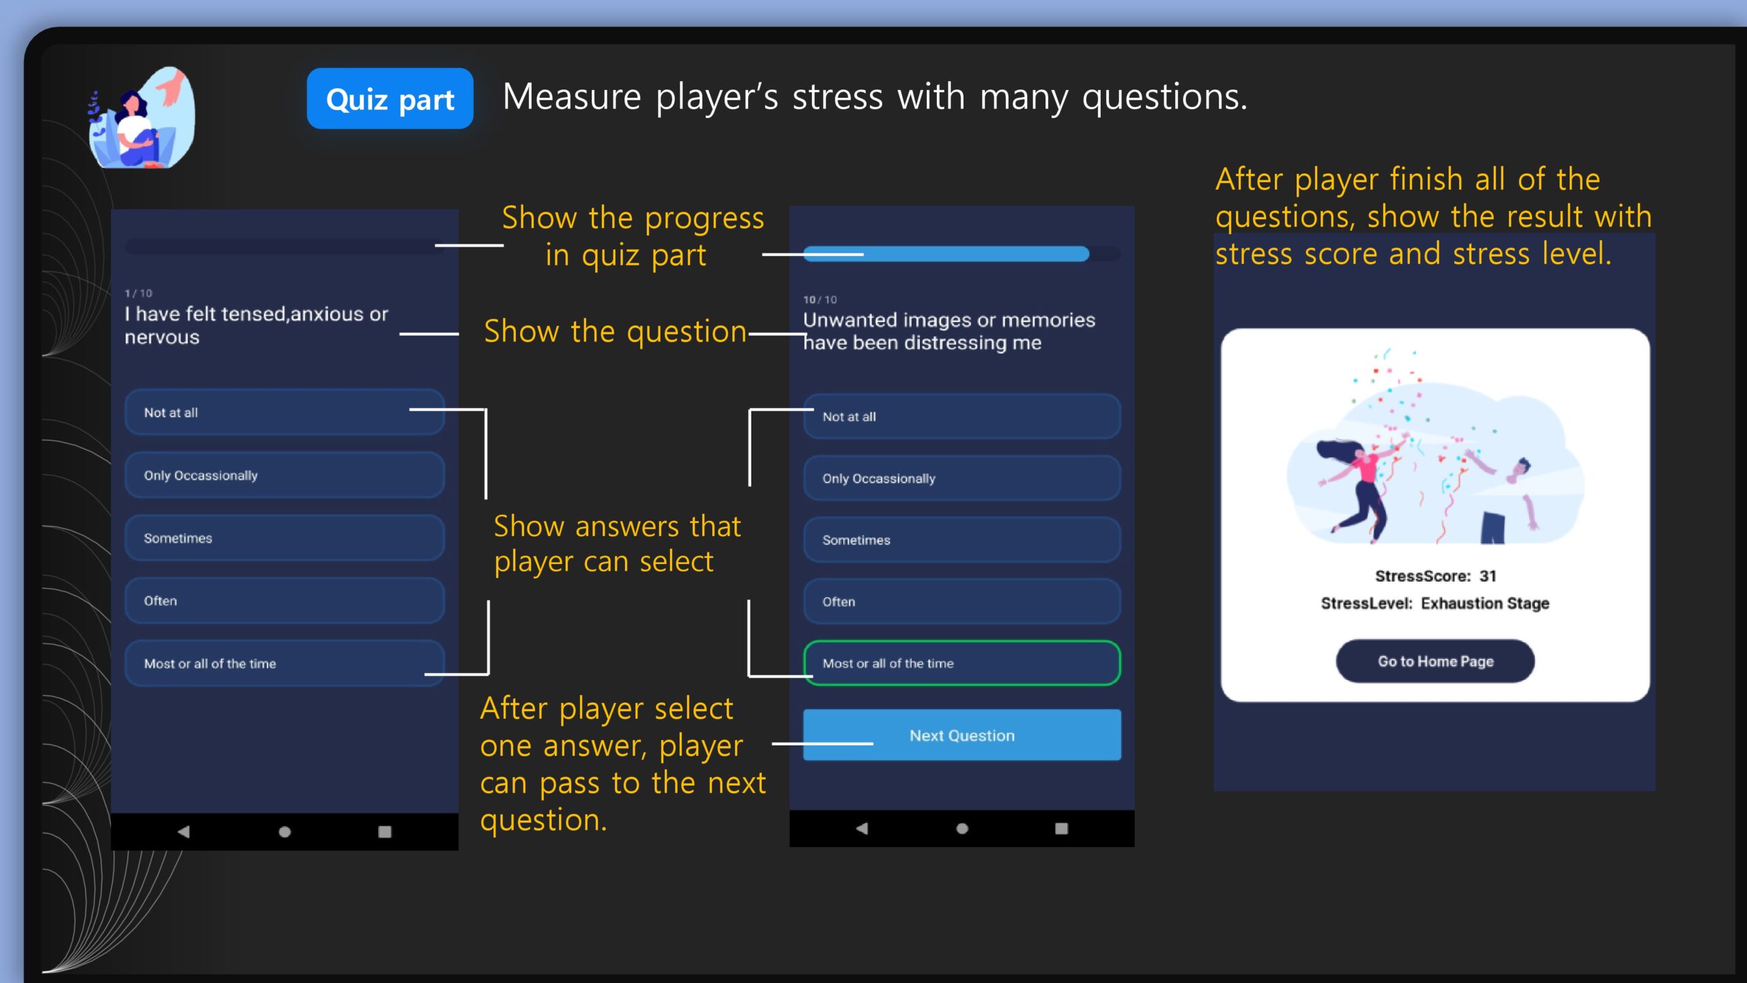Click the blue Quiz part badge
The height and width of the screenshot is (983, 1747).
click(390, 99)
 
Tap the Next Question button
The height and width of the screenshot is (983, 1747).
click(962, 735)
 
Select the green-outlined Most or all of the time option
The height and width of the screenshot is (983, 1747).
click(962, 663)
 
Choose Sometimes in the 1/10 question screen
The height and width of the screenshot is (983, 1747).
click(285, 538)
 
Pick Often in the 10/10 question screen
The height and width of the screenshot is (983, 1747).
click(962, 601)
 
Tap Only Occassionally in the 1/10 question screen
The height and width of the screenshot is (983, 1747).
click(285, 475)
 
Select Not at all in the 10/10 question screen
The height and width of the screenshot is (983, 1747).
click(962, 416)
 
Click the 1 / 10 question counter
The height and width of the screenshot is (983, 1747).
click(139, 294)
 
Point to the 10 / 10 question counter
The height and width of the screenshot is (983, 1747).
click(820, 300)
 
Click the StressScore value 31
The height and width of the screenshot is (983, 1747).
click(1488, 576)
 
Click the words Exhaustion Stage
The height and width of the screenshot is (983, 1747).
click(1485, 603)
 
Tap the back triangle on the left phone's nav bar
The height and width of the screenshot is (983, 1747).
click(184, 831)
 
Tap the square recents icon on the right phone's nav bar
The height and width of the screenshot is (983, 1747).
click(1061, 828)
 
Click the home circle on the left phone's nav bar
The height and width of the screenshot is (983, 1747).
click(285, 831)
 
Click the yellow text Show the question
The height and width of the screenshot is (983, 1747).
click(615, 332)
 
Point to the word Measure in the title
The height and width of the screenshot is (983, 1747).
click(572, 97)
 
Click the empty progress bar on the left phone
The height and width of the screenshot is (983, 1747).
click(285, 246)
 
